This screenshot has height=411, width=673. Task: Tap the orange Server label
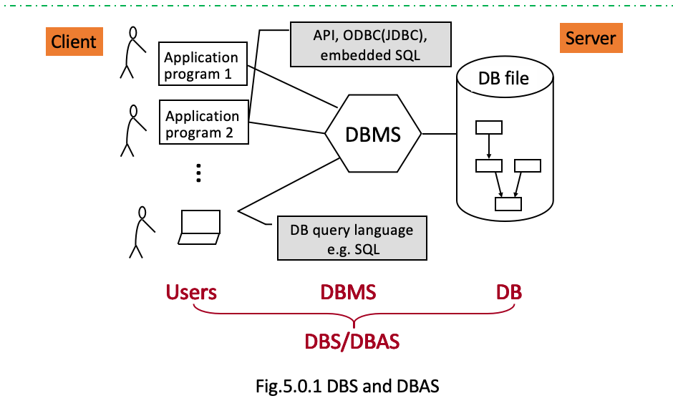(x=590, y=38)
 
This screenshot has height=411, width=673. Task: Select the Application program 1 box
(x=201, y=66)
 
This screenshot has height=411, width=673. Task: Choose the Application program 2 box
(x=203, y=125)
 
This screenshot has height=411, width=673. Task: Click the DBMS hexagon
(x=373, y=134)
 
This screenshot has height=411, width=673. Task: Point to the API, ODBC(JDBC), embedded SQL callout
(x=370, y=44)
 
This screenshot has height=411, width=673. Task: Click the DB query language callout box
(x=352, y=239)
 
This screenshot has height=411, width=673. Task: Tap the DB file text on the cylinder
(x=503, y=77)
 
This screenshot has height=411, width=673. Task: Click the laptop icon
(x=200, y=228)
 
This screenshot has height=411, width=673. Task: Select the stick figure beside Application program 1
(x=130, y=52)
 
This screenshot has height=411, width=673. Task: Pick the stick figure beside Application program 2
(x=130, y=130)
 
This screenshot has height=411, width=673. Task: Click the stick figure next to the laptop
(x=141, y=231)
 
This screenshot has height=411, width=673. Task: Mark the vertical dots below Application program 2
(x=199, y=173)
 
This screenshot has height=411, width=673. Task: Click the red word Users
(x=191, y=292)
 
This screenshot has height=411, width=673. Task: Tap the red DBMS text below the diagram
(x=348, y=292)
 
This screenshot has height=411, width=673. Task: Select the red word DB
(x=509, y=292)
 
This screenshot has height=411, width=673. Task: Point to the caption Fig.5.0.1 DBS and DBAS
(x=347, y=387)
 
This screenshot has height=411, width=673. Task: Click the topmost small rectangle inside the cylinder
(x=489, y=127)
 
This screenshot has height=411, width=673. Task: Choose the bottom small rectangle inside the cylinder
(x=508, y=203)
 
